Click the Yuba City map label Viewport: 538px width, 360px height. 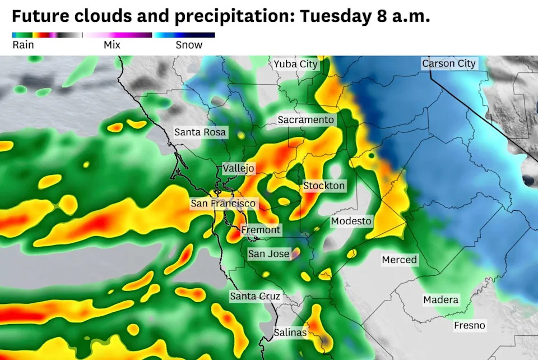[x=295, y=64]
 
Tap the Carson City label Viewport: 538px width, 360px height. [x=448, y=63]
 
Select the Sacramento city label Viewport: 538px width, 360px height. [x=306, y=119]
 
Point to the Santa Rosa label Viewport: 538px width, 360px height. [x=200, y=132]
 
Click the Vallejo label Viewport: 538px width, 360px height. [x=238, y=168]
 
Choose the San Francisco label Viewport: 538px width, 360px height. [x=223, y=204]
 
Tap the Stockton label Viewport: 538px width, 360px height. [x=324, y=186]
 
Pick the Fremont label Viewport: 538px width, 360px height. [x=261, y=230]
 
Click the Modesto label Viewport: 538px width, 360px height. [x=351, y=221]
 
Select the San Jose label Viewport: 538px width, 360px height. [x=269, y=254]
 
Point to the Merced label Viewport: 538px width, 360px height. [x=400, y=260]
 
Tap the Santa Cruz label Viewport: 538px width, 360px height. [x=255, y=296]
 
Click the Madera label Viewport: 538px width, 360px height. [x=440, y=300]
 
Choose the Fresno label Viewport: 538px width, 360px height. [x=470, y=325]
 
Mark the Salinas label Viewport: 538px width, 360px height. [x=290, y=333]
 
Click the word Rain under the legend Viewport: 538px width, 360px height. [x=23, y=45]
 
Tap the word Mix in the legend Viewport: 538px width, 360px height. [x=112, y=45]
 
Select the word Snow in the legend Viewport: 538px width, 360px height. [x=189, y=45]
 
